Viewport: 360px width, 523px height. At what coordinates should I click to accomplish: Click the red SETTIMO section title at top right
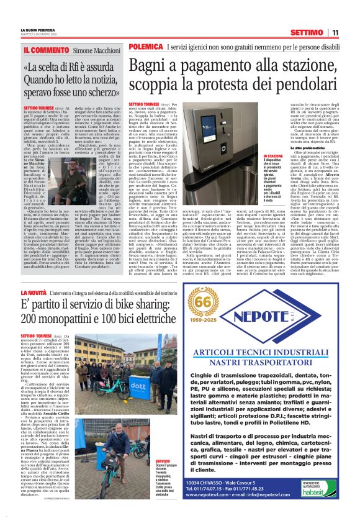point(305,32)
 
